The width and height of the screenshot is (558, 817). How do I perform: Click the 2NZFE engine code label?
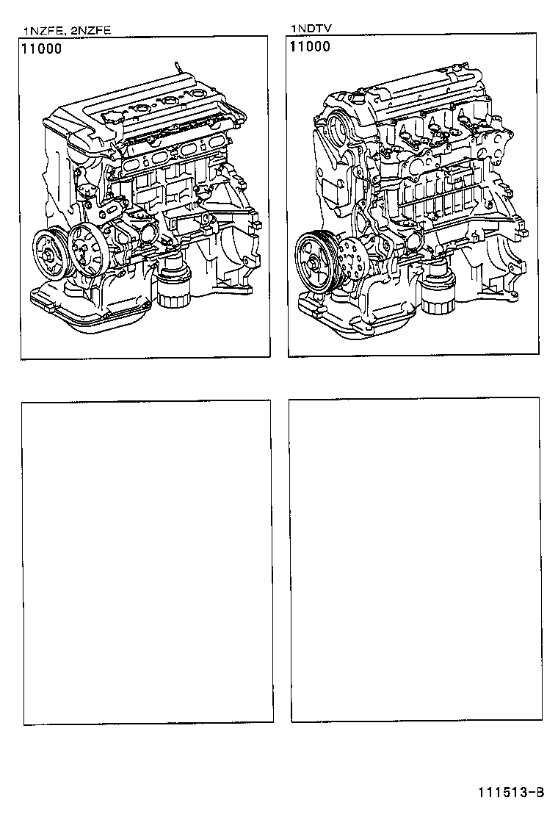click(90, 31)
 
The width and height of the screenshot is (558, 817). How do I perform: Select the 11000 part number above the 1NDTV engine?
click(310, 47)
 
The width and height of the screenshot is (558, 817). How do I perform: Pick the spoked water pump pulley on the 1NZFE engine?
click(87, 252)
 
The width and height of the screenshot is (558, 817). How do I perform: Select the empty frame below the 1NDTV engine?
click(415, 559)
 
